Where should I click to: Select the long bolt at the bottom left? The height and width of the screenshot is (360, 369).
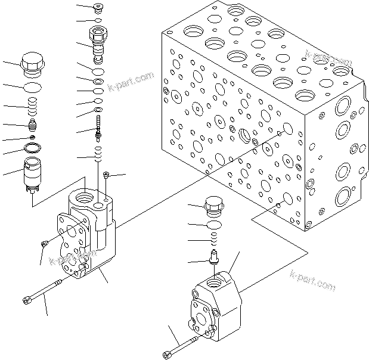point(45,290)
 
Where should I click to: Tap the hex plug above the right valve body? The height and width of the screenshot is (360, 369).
point(213,207)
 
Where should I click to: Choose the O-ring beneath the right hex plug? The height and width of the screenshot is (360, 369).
point(213,225)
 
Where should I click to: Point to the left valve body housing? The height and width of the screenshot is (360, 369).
point(89,232)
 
